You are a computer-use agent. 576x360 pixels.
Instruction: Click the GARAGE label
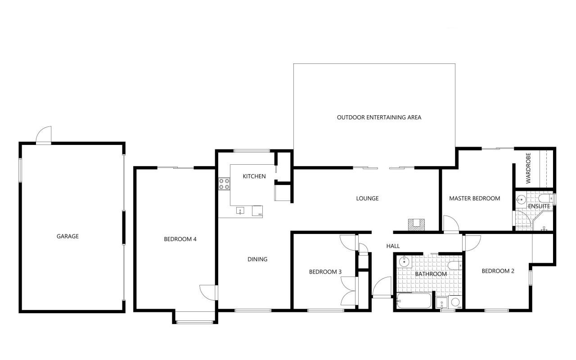point(67,236)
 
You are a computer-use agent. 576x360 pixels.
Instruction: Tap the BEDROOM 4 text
point(180,239)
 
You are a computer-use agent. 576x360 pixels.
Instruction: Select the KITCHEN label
point(254,176)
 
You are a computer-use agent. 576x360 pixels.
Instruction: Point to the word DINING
point(257,259)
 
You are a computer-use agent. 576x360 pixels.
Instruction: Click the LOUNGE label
point(367,198)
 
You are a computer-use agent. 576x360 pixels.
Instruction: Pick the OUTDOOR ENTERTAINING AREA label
point(379,117)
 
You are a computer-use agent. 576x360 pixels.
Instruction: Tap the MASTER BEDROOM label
point(474,198)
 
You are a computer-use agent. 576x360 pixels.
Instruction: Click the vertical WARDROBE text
point(528,168)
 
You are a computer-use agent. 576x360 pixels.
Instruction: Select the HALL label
point(393,246)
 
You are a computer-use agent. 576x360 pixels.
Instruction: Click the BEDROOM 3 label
point(325,272)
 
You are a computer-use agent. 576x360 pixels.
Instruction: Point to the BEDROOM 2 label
point(498,271)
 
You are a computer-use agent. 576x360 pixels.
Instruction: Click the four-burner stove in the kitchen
point(224,184)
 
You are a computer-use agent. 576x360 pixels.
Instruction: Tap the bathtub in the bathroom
point(414,301)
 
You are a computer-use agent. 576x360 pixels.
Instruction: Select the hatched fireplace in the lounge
point(417,225)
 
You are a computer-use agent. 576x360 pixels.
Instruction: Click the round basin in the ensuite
point(521,200)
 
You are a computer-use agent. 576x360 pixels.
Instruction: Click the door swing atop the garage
point(44,135)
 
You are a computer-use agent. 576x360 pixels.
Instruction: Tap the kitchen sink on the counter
point(240,211)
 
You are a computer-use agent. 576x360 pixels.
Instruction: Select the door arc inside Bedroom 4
point(208,292)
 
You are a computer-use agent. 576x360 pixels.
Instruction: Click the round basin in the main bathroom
point(404,262)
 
